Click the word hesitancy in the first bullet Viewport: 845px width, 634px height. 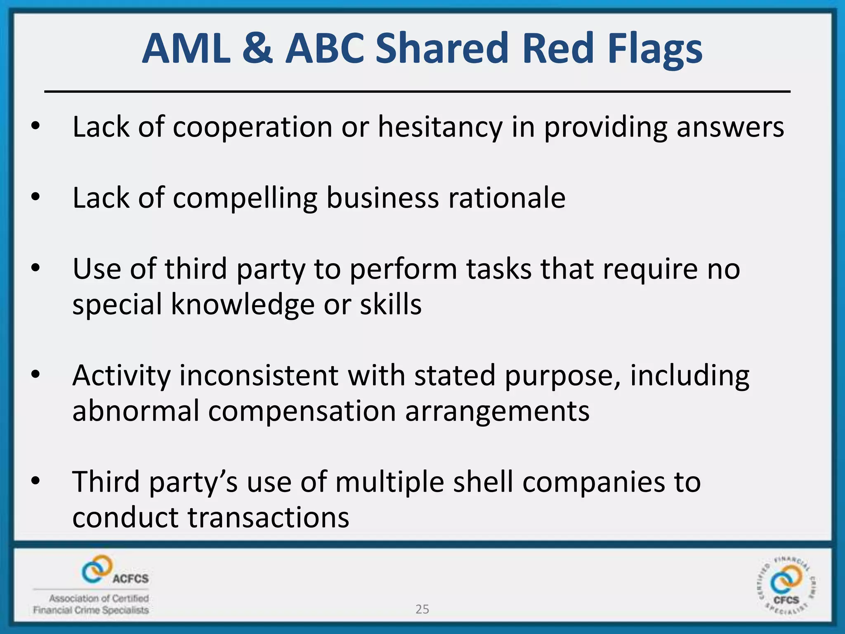pyautogui.click(x=440, y=127)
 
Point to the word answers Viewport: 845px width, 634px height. pyautogui.click(x=730, y=127)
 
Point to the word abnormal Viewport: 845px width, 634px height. pyautogui.click(x=136, y=411)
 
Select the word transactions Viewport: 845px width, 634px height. pyautogui.click(x=269, y=518)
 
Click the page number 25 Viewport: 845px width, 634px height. pyautogui.click(x=422, y=609)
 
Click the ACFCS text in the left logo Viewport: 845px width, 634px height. pyautogui.click(x=130, y=579)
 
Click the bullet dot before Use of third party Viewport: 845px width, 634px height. pyautogui.click(x=36, y=268)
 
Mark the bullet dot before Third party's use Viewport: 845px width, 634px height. pyautogui.click(x=36, y=481)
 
